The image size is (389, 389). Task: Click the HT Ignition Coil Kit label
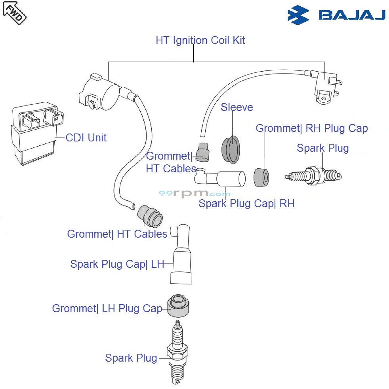click(x=200, y=40)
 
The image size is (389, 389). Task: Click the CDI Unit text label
click(x=86, y=138)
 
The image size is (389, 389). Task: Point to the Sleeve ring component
click(x=231, y=149)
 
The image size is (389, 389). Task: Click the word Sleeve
click(x=236, y=107)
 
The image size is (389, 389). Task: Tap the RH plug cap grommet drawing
click(x=261, y=177)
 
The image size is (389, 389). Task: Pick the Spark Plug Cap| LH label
click(x=117, y=264)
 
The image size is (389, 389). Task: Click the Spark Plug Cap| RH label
click(x=246, y=204)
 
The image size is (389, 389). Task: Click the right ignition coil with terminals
click(x=327, y=88)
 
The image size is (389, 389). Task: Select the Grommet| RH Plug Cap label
click(x=312, y=128)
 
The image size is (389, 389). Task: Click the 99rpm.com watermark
click(x=194, y=194)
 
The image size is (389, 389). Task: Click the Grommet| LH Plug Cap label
click(x=107, y=309)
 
